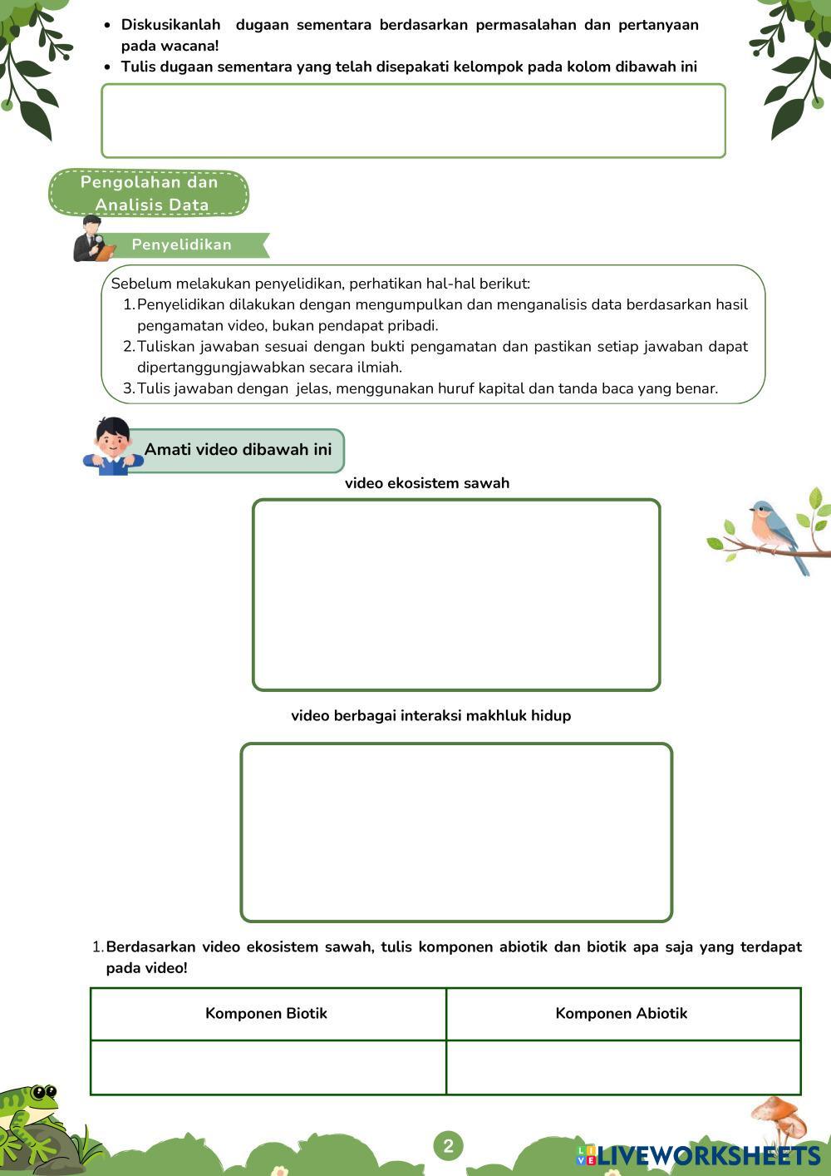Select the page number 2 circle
(448, 1146)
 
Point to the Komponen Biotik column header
(266, 1013)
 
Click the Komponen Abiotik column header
(621, 1013)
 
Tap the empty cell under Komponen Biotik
(268, 1067)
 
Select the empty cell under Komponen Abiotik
(623, 1067)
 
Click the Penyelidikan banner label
(182, 245)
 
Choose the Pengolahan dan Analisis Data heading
(150, 193)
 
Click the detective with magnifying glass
(93, 240)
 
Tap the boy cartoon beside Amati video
(113, 447)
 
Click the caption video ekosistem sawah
(427, 483)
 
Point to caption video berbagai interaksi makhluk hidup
(430, 715)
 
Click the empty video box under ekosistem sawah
(456, 595)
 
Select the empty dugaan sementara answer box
(413, 121)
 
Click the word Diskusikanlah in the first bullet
(170, 25)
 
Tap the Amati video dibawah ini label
(238, 450)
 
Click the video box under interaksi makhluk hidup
(456, 833)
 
